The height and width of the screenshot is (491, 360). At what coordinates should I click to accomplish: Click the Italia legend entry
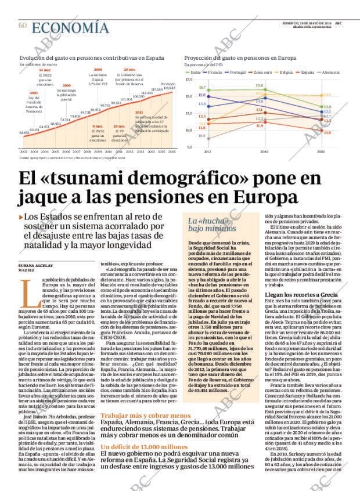(x=195, y=72)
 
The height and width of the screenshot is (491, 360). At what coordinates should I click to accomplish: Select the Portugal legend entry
(x=235, y=72)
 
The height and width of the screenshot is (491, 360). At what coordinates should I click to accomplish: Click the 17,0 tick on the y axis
(x=188, y=79)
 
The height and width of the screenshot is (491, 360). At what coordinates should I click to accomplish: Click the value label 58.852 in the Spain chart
(x=24, y=133)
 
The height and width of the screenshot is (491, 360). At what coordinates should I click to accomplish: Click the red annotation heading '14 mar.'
(x=45, y=70)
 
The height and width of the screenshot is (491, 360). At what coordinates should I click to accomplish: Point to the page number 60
(x=22, y=26)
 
